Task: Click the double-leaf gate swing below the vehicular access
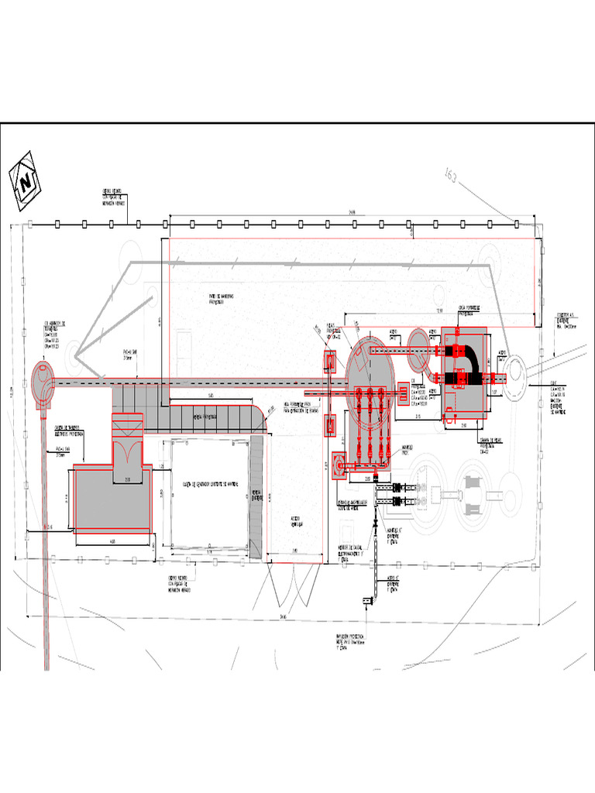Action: coord(294,592)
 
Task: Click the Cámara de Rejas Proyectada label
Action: coord(493,445)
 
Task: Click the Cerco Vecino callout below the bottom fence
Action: coord(179,584)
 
